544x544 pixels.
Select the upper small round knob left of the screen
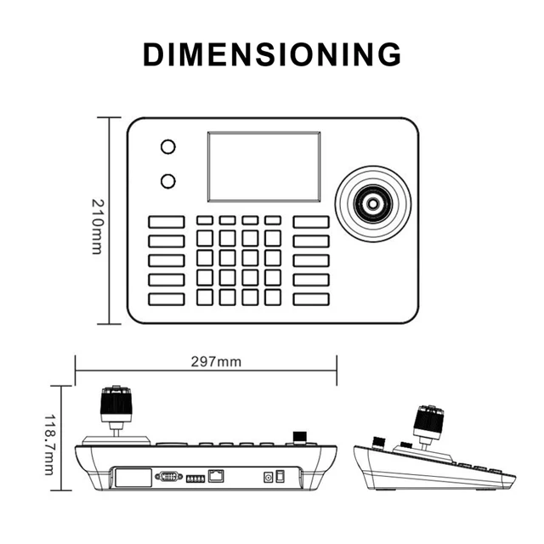pos(168,147)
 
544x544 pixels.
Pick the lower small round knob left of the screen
pos(168,180)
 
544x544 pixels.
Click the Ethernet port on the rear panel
pos(217,476)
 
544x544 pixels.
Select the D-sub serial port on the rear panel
pos(168,476)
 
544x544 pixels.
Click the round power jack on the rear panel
pos(269,478)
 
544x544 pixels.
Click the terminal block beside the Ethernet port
pos(195,478)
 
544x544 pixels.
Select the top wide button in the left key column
pos(167,222)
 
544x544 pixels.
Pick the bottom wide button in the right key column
pos(311,298)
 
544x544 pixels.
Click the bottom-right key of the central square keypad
pos(272,297)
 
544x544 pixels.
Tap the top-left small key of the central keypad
pos(205,221)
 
